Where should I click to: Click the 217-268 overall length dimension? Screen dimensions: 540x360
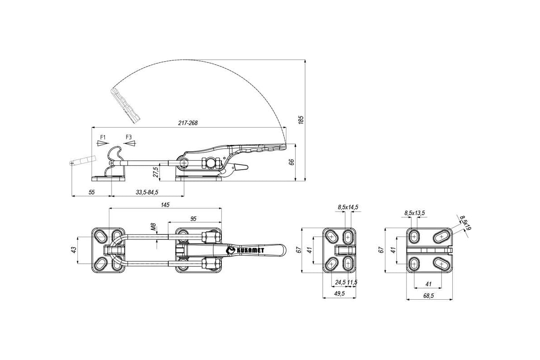[188, 123]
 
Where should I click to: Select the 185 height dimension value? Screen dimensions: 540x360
[301, 120]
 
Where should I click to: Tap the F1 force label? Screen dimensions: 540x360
[103, 137]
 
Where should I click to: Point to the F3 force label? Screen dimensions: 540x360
[129, 137]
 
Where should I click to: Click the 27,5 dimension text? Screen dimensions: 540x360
[156, 172]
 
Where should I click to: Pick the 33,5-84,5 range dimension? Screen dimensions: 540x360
[147, 192]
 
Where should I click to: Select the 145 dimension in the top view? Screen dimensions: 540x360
[165, 205]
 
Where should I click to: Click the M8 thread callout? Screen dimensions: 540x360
[153, 227]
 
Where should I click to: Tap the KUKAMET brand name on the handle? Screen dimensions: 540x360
[250, 251]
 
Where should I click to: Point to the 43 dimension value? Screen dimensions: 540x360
[74, 250]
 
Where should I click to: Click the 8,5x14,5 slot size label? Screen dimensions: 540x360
[348, 207]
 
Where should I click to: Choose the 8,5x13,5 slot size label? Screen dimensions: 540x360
[414, 213]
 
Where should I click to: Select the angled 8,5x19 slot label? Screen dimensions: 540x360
[465, 223]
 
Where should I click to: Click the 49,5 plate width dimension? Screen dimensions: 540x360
[340, 293]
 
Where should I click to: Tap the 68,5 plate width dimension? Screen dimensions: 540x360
[428, 296]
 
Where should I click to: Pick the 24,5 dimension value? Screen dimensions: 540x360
[340, 282]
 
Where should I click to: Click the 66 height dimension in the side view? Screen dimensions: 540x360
[292, 162]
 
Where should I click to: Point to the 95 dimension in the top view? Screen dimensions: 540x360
[193, 219]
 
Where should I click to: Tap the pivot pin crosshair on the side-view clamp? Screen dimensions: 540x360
[184, 163]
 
